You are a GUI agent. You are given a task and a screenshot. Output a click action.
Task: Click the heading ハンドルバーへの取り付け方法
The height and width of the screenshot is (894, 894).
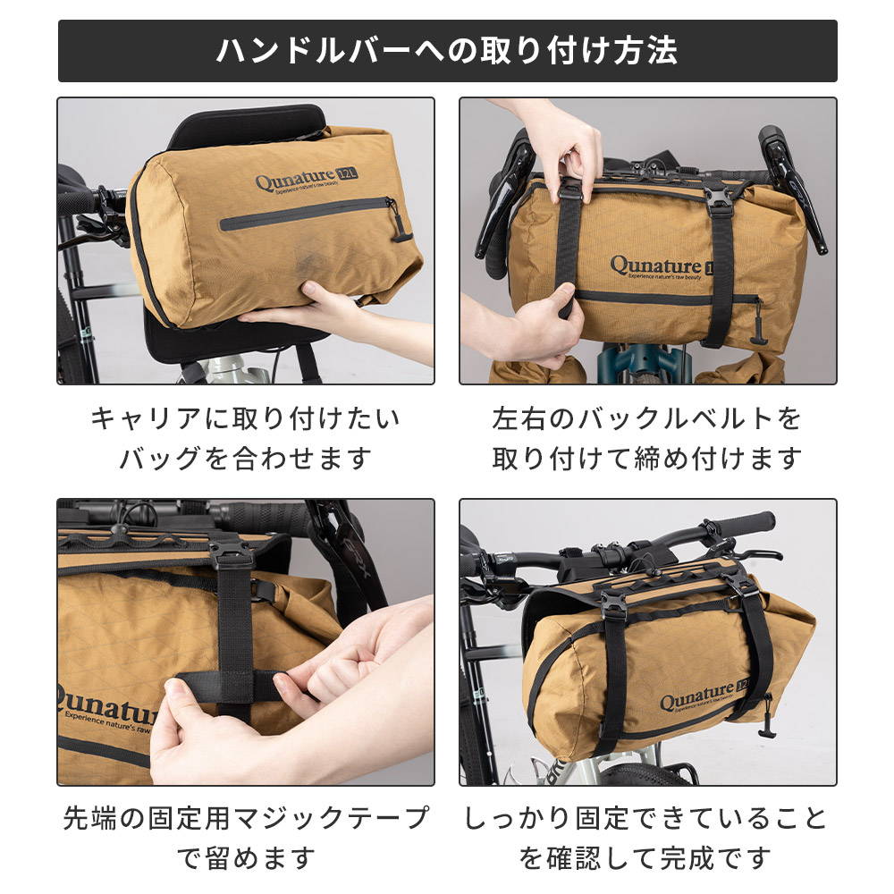coord(446,51)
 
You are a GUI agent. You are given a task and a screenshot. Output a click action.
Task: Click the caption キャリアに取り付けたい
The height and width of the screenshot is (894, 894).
coord(246,418)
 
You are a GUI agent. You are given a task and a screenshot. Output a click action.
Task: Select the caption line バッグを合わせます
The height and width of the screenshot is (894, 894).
coord(246,458)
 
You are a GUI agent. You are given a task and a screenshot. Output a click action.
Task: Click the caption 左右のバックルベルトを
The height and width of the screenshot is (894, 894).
coord(647,418)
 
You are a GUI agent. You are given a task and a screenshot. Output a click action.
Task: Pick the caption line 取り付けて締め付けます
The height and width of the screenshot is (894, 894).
coord(647,458)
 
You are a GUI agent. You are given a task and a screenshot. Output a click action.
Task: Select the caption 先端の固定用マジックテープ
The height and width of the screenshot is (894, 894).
coord(246,818)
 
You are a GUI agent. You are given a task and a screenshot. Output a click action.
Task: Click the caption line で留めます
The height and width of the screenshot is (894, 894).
coord(246,857)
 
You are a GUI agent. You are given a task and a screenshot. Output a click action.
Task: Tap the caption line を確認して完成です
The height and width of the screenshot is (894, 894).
coord(647,857)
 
